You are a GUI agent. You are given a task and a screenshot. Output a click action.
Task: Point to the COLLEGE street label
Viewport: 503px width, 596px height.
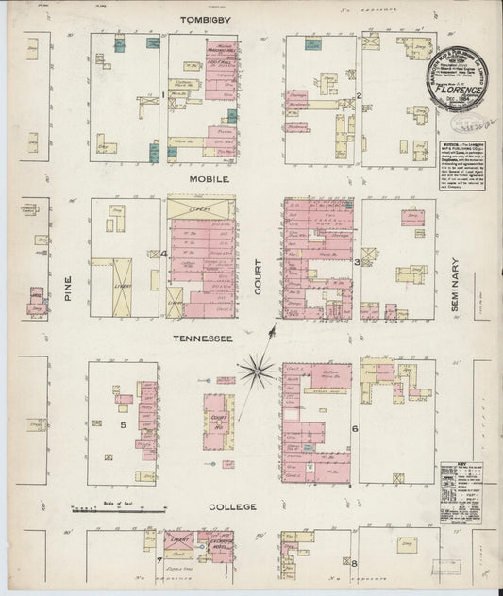[231, 506]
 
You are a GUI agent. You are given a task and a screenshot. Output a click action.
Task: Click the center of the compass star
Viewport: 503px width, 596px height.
[255, 369]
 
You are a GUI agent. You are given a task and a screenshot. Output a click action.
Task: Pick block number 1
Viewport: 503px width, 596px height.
[162, 95]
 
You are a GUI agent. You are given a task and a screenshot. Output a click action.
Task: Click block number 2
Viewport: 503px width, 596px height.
[360, 96]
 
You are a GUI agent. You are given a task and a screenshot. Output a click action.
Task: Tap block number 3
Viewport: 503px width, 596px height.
[356, 263]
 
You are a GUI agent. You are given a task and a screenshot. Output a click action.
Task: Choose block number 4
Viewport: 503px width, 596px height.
[163, 254]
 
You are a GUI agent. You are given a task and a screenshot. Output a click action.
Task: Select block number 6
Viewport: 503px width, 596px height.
[355, 429]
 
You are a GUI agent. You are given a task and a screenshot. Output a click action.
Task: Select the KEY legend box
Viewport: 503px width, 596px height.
[461, 491]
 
